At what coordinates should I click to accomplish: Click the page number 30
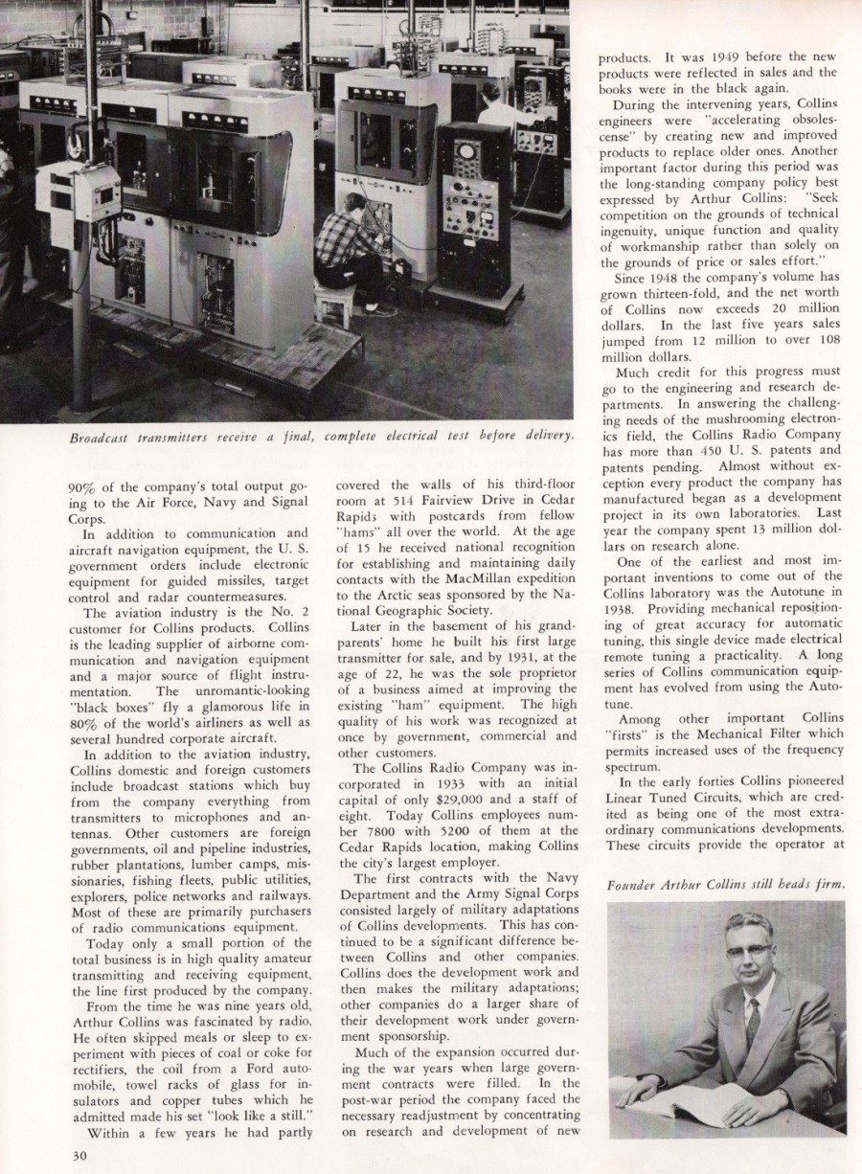click(x=79, y=1155)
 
